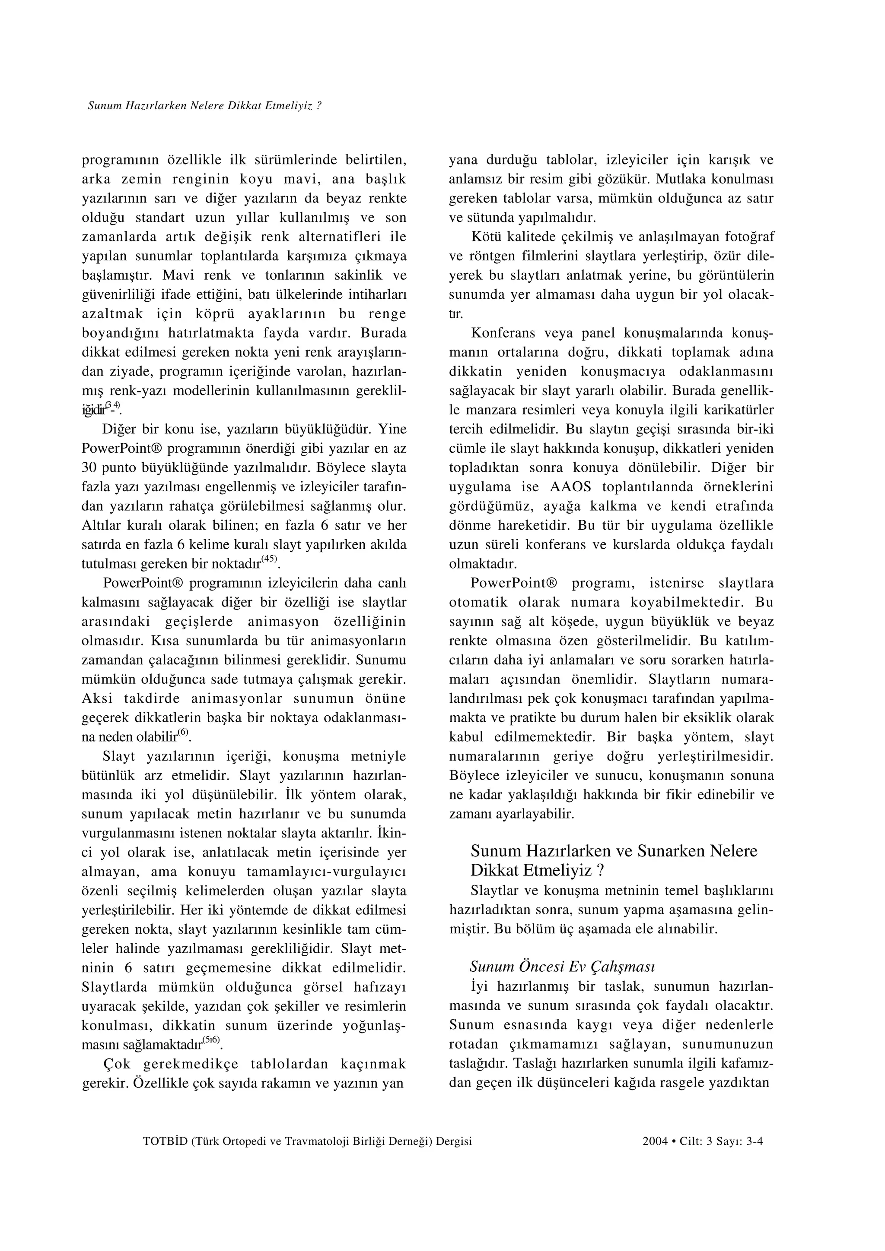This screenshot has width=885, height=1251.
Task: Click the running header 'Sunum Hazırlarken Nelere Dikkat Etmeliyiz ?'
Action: point(204,106)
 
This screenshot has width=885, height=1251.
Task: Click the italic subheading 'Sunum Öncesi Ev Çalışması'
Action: point(562,967)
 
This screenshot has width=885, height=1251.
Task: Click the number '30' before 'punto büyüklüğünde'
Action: point(89,468)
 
